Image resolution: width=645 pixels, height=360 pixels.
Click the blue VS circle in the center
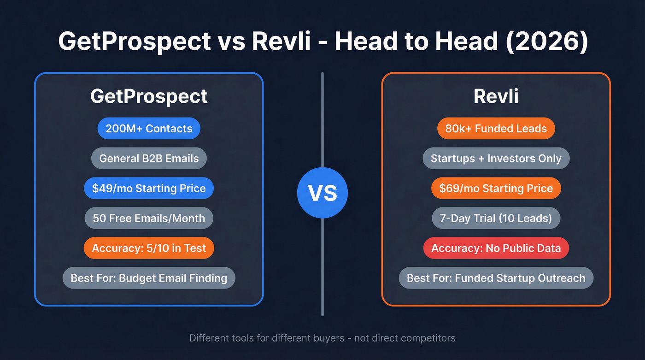(x=322, y=193)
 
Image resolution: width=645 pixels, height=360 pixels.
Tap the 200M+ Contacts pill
(x=149, y=129)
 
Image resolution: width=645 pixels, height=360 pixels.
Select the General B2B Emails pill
(x=149, y=159)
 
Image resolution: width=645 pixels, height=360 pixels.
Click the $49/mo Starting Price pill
(x=149, y=189)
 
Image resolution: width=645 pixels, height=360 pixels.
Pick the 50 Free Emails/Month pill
(x=149, y=218)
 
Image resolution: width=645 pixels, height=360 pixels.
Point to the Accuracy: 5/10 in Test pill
(x=149, y=248)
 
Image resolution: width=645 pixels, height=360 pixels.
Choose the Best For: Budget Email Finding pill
(x=149, y=278)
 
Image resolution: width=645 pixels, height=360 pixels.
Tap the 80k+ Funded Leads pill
(x=496, y=129)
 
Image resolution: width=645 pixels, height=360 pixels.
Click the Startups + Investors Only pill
(x=496, y=159)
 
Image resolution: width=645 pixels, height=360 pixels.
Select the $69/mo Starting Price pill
(x=496, y=189)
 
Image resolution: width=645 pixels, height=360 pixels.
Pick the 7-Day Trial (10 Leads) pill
(x=496, y=218)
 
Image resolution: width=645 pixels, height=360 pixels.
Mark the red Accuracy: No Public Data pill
(x=496, y=248)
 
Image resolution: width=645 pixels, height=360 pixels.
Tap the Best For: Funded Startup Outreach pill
(x=496, y=278)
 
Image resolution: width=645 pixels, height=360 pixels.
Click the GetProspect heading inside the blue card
(x=149, y=97)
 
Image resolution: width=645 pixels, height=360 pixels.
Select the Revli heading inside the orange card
(x=496, y=97)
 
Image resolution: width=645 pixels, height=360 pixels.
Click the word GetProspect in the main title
(x=135, y=41)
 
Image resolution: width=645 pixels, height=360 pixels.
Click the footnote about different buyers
(x=322, y=338)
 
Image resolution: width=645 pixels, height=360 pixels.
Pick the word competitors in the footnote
(x=428, y=338)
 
